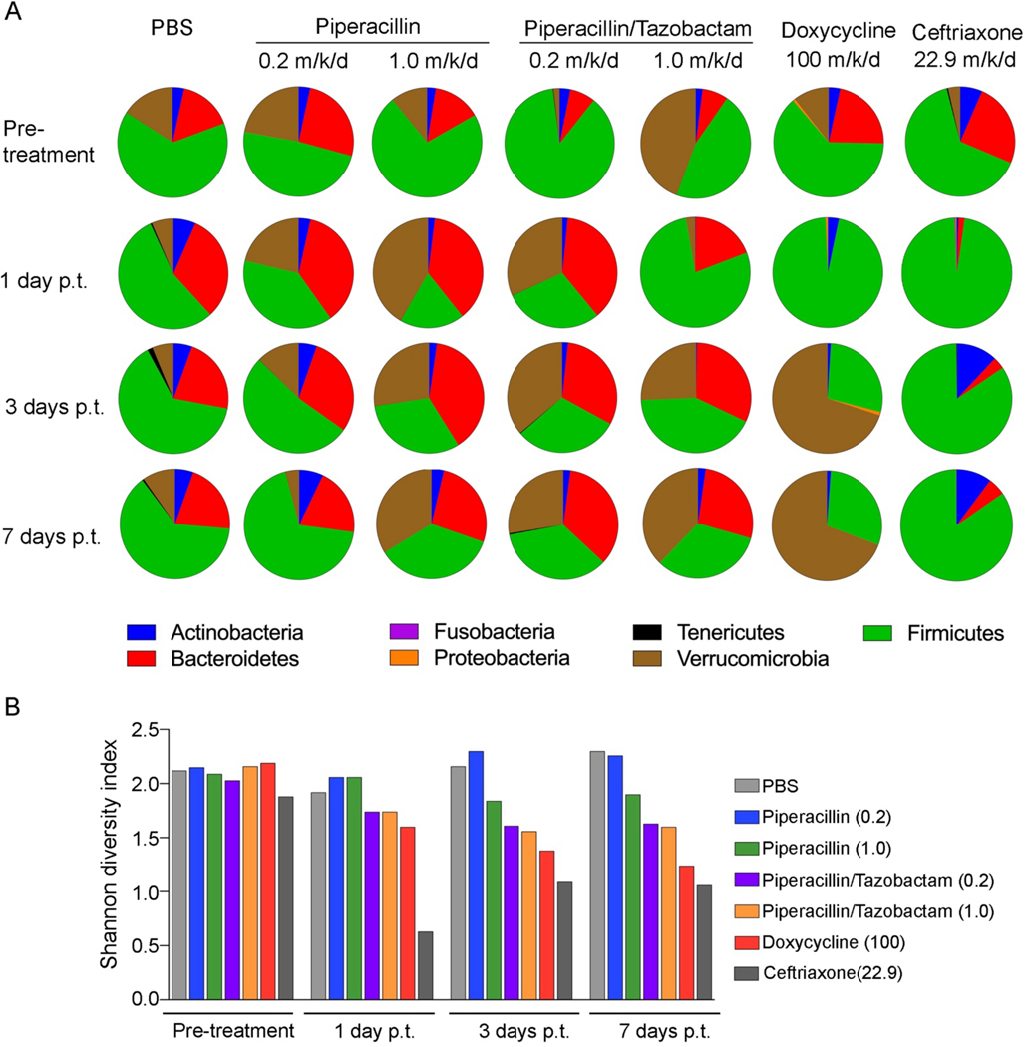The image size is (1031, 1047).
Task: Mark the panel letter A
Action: coord(14,14)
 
